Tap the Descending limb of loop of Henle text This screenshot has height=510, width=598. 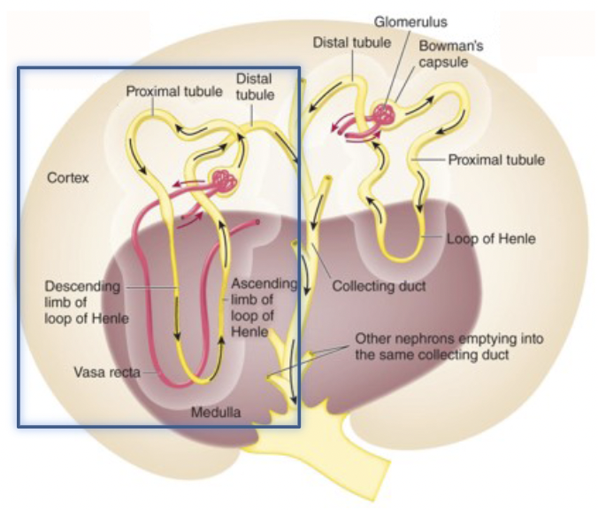(87, 303)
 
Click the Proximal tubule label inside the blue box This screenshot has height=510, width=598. (165, 90)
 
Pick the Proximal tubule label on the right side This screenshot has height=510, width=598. (496, 160)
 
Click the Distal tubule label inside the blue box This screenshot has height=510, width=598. (255, 86)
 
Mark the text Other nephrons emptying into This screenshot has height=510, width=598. (449, 339)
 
